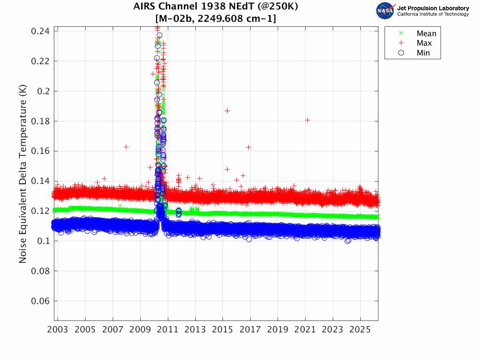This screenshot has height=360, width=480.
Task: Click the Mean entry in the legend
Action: pyautogui.click(x=426, y=34)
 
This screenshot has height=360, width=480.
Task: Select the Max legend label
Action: pyautogui.click(x=424, y=43)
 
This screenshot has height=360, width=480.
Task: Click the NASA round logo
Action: pyautogui.click(x=385, y=11)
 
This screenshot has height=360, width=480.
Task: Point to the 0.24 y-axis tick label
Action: pyautogui.click(x=39, y=31)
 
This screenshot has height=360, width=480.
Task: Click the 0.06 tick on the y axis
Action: pyautogui.click(x=39, y=301)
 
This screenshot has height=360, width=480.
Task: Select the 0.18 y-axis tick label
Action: pyautogui.click(x=39, y=121)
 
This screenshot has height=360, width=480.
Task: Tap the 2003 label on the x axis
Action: pyautogui.click(x=58, y=330)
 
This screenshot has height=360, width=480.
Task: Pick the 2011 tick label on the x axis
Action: pyautogui.click(x=168, y=330)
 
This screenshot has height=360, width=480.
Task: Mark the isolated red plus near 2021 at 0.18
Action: pyautogui.click(x=307, y=120)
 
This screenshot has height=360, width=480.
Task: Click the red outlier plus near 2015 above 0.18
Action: pyautogui.click(x=227, y=111)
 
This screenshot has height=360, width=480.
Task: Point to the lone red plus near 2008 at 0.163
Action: pyautogui.click(x=126, y=147)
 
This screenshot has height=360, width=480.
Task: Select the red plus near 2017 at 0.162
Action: pyautogui.click(x=248, y=147)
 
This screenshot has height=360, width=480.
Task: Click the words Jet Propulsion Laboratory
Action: pyautogui.click(x=433, y=8)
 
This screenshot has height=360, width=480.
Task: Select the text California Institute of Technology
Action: pyautogui.click(x=433, y=14)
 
